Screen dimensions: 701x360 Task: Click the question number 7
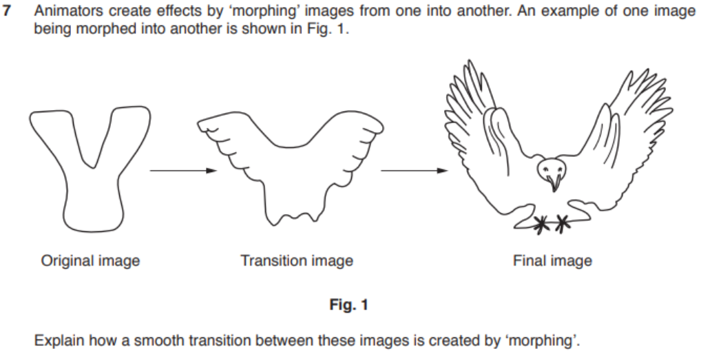tap(7, 11)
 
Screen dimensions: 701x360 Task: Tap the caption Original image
tap(90, 260)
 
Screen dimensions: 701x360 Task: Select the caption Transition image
tap(297, 260)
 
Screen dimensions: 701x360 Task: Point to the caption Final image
tap(552, 260)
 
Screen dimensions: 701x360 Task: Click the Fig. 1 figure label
tap(348, 305)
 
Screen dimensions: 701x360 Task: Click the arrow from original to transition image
tap(183, 170)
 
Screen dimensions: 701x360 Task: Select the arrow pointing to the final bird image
tap(414, 170)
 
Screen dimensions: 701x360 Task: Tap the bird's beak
tap(554, 182)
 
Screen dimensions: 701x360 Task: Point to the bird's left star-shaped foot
tap(542, 224)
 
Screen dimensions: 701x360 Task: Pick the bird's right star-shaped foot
tap(562, 224)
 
